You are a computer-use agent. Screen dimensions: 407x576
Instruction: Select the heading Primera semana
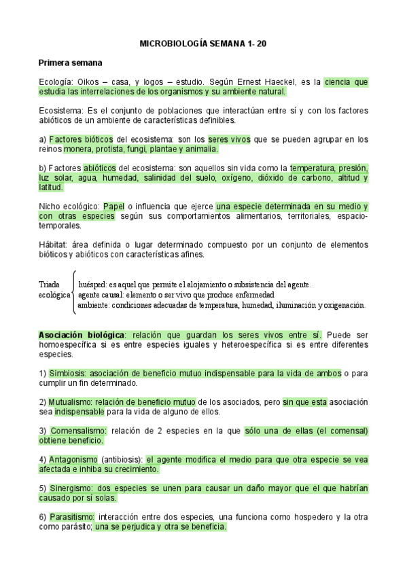pyautogui.click(x=70, y=62)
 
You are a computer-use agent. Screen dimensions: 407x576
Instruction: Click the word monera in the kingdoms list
pyautogui.click(x=79, y=149)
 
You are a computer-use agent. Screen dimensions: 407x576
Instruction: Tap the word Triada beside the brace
pyautogui.click(x=50, y=285)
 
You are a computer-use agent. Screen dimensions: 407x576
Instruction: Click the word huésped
pyautogui.click(x=93, y=285)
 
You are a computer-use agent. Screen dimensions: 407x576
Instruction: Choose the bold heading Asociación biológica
pyautogui.click(x=82, y=335)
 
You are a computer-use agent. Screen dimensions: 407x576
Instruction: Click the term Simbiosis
pyautogui.click(x=69, y=373)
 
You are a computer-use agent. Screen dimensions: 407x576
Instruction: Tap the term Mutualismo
pyautogui.click(x=71, y=401)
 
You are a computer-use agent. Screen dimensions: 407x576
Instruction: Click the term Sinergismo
pyautogui.click(x=71, y=488)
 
